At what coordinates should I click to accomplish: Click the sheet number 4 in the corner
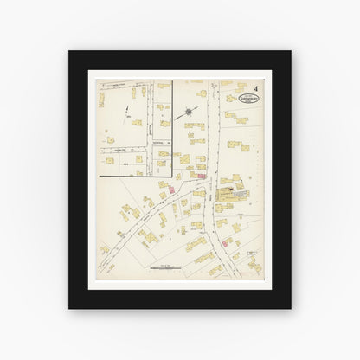coord(257,87)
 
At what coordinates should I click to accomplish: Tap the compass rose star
coord(190,112)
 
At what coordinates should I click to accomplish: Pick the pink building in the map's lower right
coord(235,257)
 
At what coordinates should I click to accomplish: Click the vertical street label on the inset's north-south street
coord(151,130)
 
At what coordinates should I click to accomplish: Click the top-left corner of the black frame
coord(69,50)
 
